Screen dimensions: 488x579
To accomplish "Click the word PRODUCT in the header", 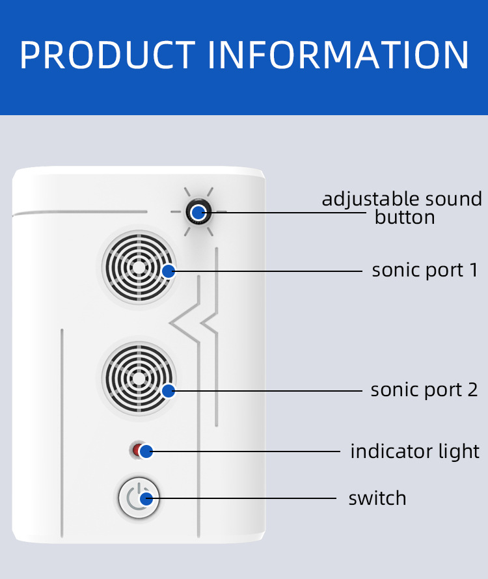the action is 107,55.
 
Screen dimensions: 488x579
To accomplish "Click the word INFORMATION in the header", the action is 338,55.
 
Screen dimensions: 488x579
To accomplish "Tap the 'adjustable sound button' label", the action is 402,208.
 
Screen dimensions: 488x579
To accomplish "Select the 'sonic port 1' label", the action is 425,270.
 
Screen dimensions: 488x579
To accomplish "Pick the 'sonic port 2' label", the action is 424,390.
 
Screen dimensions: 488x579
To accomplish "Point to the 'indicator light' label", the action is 415,451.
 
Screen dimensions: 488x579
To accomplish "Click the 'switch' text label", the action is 377,498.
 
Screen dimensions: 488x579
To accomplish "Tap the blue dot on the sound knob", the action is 198,212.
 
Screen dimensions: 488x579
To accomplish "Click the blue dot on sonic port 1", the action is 169,271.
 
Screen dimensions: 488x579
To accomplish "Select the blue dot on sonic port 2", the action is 169,391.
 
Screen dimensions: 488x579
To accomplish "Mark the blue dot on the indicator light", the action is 146,451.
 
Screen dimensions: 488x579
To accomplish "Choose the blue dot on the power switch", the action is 146,499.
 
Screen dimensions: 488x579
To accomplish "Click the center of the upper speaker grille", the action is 139,267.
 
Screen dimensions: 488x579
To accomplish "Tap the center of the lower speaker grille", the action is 139,378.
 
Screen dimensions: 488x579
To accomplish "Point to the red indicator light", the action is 137,450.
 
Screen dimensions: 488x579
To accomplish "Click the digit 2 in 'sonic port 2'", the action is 472,390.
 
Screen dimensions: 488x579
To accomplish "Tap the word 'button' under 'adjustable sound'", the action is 405,217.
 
